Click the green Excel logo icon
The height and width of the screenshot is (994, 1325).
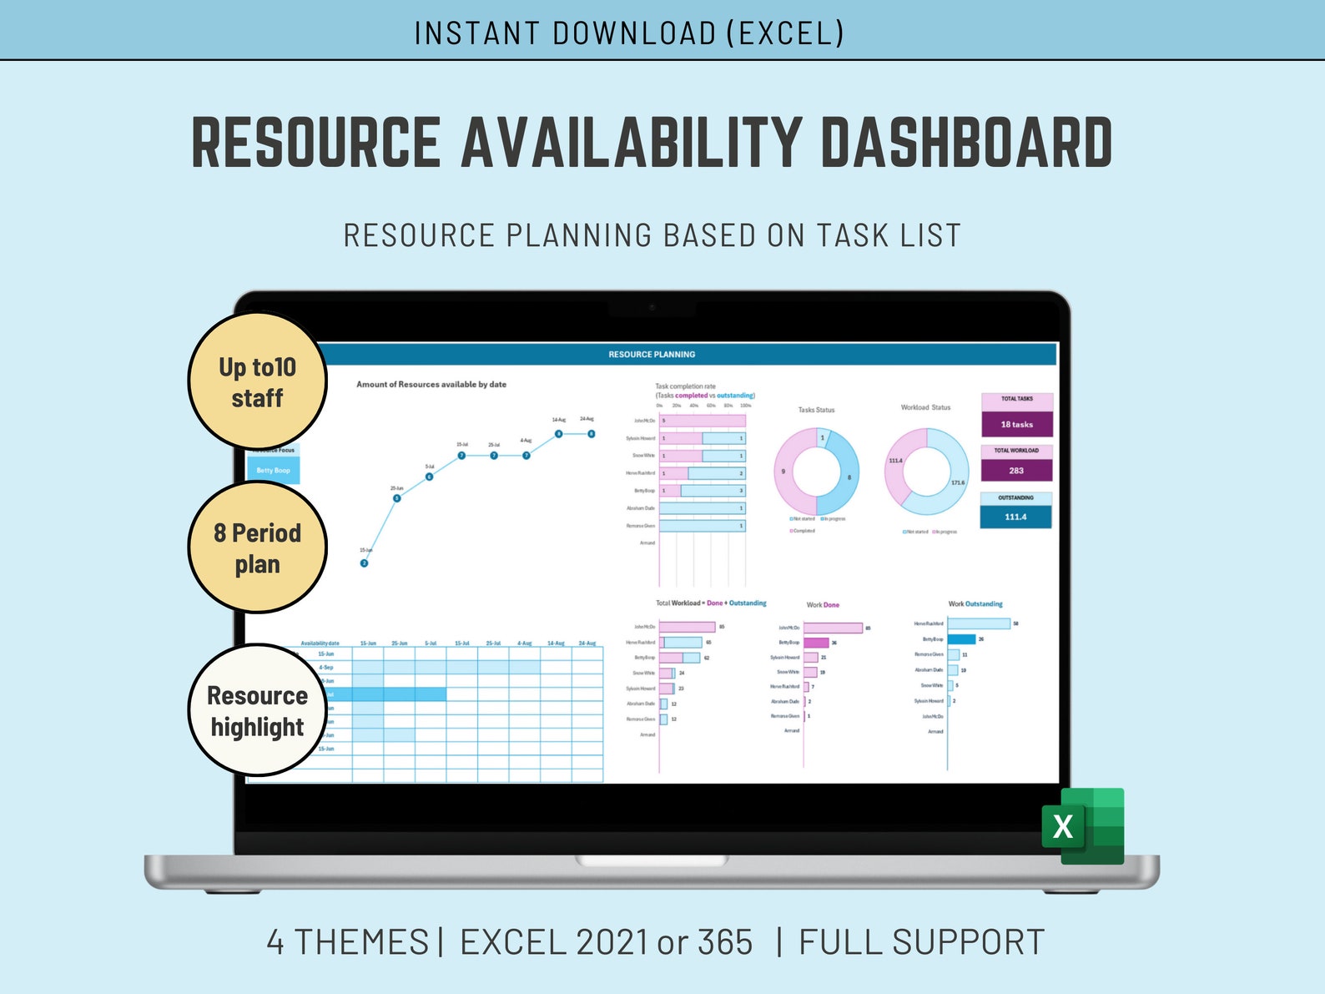tap(1082, 825)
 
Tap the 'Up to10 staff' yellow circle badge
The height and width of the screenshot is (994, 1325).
tap(257, 381)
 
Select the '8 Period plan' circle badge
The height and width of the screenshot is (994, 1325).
tap(257, 547)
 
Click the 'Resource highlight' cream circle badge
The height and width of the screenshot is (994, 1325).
tap(257, 710)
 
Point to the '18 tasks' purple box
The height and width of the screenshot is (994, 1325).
tap(1016, 424)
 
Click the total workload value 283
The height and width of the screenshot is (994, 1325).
tap(1015, 471)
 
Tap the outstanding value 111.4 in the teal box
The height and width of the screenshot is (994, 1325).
tap(1015, 517)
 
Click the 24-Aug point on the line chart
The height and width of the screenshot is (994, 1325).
tap(591, 434)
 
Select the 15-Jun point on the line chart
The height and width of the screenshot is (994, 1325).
tap(364, 563)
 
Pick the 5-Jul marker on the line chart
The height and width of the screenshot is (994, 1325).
tap(429, 477)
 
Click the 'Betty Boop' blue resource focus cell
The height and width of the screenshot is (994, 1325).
tap(274, 471)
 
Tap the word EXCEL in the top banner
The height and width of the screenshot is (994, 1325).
tap(784, 33)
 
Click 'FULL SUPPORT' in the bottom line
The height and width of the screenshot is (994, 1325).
tap(921, 942)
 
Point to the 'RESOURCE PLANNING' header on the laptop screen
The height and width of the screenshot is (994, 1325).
tap(652, 355)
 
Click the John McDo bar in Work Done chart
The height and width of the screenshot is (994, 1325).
tap(832, 628)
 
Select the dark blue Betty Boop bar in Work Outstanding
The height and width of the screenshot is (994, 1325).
tap(961, 639)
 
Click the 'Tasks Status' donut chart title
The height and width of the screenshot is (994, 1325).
tap(816, 410)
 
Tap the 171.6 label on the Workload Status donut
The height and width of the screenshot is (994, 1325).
tap(957, 482)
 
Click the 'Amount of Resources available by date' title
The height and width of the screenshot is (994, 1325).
tap(431, 385)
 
